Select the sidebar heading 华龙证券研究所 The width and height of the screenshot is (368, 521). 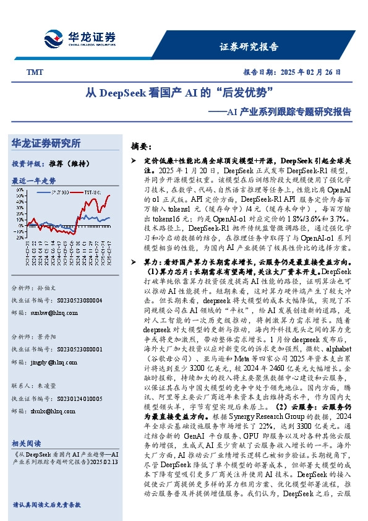46,144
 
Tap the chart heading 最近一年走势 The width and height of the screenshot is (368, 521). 33,181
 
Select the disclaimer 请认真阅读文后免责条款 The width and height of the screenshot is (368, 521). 46,505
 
